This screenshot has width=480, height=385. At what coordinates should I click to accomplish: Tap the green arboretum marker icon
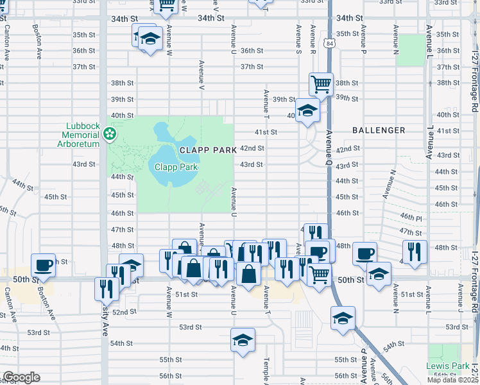click(x=110, y=133)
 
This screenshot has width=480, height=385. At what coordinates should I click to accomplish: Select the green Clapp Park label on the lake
click(x=176, y=167)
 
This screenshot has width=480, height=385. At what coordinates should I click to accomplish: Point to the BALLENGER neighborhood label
click(x=379, y=130)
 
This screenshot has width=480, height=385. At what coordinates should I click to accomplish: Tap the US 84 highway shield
click(x=329, y=44)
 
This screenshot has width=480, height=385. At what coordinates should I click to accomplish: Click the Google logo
click(x=21, y=377)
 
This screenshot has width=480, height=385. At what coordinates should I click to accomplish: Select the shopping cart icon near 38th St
click(x=320, y=83)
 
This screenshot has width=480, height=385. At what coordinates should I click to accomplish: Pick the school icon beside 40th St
click(x=307, y=110)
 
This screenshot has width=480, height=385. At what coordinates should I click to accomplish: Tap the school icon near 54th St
click(x=243, y=340)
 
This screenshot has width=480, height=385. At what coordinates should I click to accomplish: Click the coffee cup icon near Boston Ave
click(x=44, y=264)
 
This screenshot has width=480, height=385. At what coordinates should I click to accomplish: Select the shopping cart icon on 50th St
click(x=319, y=274)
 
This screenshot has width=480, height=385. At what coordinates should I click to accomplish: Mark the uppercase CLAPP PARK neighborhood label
click(x=208, y=149)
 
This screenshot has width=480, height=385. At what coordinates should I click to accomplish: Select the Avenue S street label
click(x=298, y=39)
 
